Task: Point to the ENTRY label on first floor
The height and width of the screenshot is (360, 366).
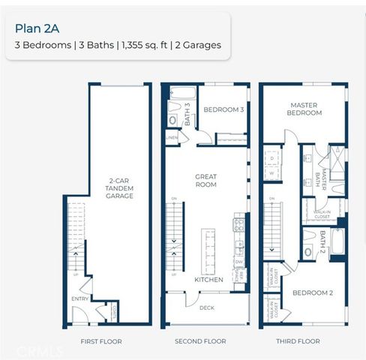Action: (x=79, y=298)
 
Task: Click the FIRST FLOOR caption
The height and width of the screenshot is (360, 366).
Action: (x=100, y=341)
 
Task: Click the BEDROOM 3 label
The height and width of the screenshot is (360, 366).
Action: (x=224, y=109)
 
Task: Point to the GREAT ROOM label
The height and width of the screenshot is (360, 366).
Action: (x=205, y=181)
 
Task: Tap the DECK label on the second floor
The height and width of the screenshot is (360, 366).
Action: (x=207, y=307)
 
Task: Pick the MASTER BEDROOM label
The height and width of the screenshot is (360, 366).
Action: (x=305, y=109)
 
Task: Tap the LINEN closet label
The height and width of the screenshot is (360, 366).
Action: (x=172, y=138)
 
